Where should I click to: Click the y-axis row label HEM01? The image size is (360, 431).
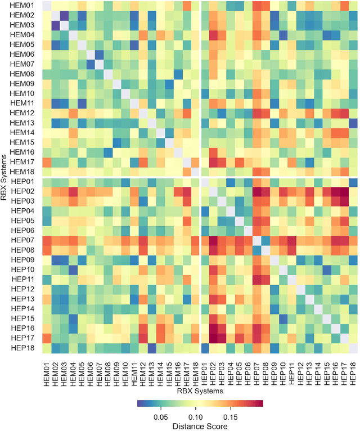22,6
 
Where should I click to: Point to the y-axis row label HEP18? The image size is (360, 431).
22,348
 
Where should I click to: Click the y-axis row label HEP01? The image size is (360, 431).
22,182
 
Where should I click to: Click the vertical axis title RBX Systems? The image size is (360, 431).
4,177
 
